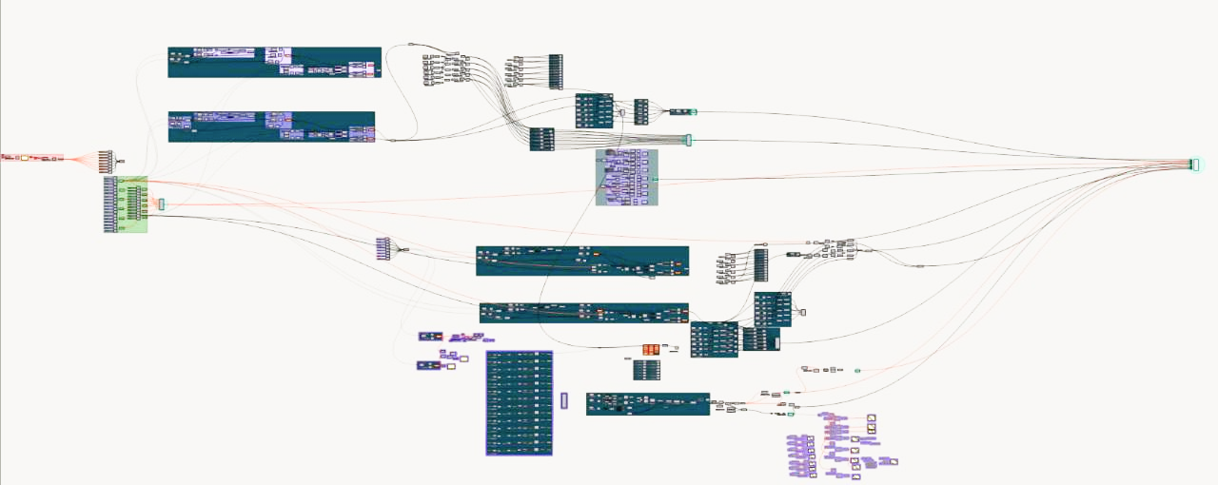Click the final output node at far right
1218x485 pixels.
pyautogui.click(x=1194, y=165)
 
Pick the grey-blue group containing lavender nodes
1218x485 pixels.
pyautogui.click(x=626, y=177)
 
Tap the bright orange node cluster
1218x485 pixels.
pyautogui.click(x=651, y=350)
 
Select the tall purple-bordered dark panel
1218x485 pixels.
pyautogui.click(x=519, y=402)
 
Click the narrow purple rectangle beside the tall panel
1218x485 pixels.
pyautogui.click(x=564, y=400)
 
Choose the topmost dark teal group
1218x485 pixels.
pyautogui.click(x=274, y=62)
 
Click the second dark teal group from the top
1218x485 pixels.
pyautogui.click(x=271, y=126)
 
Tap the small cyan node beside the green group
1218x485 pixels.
pyautogui.click(x=162, y=204)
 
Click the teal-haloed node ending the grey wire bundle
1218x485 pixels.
pyautogui.click(x=688, y=141)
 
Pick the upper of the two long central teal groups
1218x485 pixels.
pyautogui.click(x=581, y=261)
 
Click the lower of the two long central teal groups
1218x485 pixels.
pyautogui.click(x=583, y=313)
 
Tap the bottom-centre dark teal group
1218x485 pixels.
pyautogui.click(x=647, y=403)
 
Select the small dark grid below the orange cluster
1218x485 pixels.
pyautogui.click(x=647, y=370)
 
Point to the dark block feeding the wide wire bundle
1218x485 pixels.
pyautogui.click(x=541, y=140)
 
